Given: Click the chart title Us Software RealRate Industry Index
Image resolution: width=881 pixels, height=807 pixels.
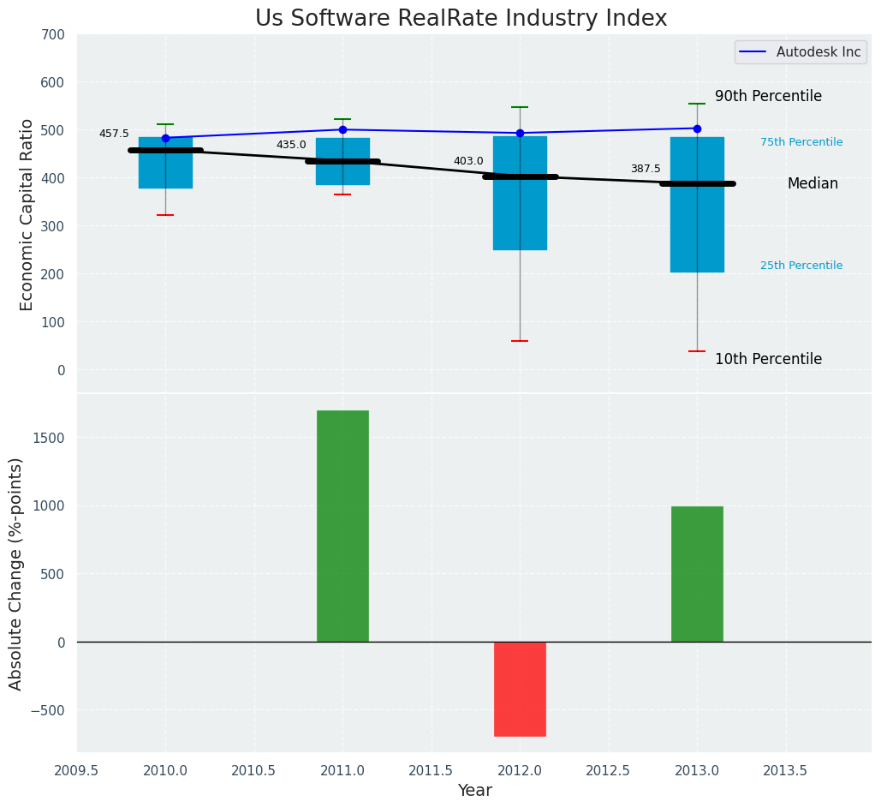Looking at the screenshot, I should [x=461, y=19].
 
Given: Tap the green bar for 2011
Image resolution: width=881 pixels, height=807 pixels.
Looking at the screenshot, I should [x=342, y=526].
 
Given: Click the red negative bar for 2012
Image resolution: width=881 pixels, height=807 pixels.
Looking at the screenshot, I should [x=520, y=689].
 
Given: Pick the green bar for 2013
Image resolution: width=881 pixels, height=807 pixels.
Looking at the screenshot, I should [x=697, y=574].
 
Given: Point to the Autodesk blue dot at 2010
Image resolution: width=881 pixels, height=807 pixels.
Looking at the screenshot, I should [x=165, y=138].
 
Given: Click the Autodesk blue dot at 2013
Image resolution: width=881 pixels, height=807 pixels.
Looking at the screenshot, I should [x=697, y=129].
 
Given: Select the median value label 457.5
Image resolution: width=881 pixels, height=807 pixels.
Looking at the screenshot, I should [x=114, y=134].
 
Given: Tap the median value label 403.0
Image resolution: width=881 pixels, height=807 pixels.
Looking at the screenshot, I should [x=468, y=161].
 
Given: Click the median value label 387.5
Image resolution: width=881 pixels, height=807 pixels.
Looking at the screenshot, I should [x=646, y=170].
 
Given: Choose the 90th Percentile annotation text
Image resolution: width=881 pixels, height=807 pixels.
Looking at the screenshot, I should [x=768, y=97].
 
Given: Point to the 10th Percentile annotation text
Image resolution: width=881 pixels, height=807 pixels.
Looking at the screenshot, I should [x=768, y=360].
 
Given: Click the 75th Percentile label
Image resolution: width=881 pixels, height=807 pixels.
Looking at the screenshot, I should [x=801, y=142].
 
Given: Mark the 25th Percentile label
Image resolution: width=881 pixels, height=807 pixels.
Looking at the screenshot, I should [x=801, y=266].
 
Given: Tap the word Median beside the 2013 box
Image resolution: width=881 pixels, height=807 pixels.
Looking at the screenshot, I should [x=813, y=184].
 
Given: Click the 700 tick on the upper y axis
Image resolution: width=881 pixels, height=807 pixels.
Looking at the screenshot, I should [x=52, y=35].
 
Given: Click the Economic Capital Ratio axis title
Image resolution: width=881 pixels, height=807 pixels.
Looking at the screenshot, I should [x=27, y=214].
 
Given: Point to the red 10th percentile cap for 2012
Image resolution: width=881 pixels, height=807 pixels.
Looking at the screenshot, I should [x=520, y=341].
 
